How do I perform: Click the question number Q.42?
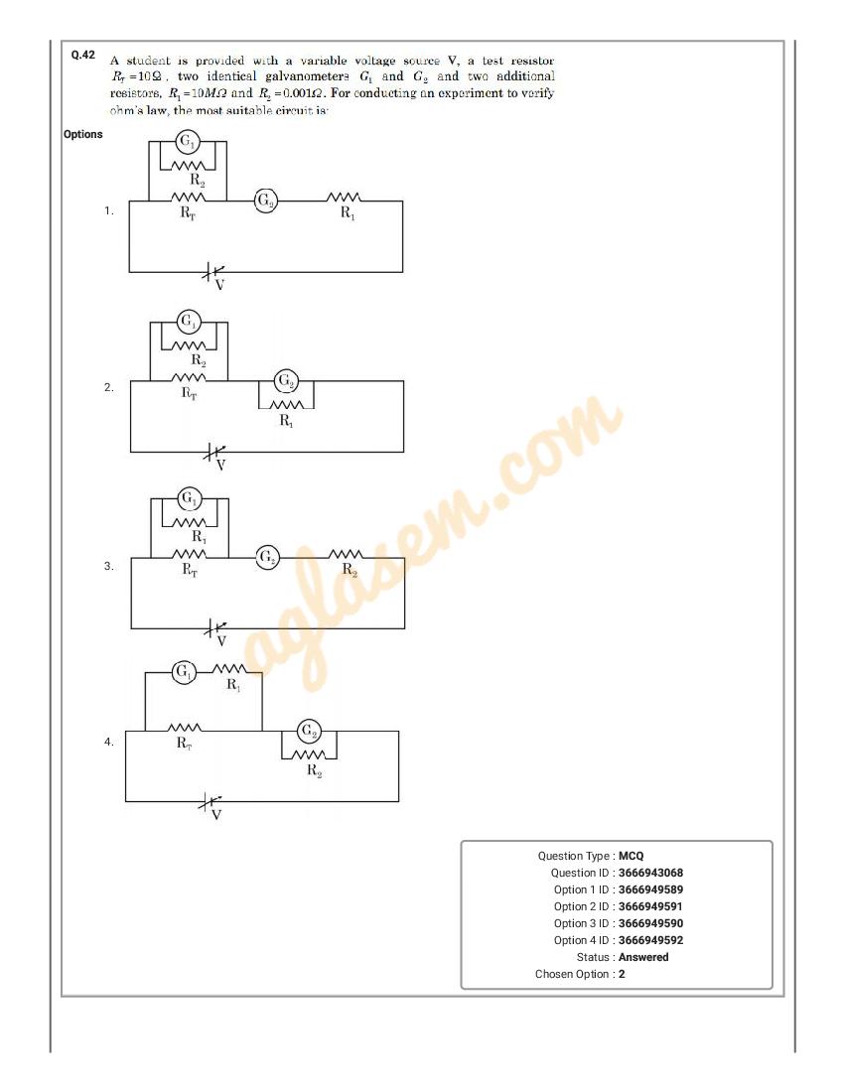pyautogui.click(x=82, y=55)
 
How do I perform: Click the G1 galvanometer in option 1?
pyautogui.click(x=187, y=142)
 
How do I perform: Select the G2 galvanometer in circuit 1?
pyautogui.click(x=265, y=201)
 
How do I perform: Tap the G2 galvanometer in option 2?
pyautogui.click(x=286, y=380)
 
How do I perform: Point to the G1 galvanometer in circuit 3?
pyautogui.click(x=189, y=498)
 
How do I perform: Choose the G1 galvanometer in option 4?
pyautogui.click(x=184, y=672)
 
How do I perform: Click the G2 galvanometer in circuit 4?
pyautogui.click(x=309, y=732)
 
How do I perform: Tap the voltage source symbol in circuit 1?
pyautogui.click(x=213, y=273)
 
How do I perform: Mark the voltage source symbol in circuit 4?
pyautogui.click(x=211, y=803)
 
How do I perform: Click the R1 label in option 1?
pyautogui.click(x=348, y=213)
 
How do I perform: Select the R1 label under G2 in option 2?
pyautogui.click(x=286, y=421)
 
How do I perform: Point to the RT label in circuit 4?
pyautogui.click(x=184, y=744)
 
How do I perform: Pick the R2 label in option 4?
pyautogui.click(x=314, y=770)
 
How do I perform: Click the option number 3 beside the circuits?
pyautogui.click(x=108, y=566)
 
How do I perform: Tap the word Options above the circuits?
pyautogui.click(x=82, y=134)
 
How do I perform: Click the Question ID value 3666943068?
pyautogui.click(x=650, y=873)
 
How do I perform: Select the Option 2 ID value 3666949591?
pyautogui.click(x=650, y=906)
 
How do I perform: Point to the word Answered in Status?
pyautogui.click(x=643, y=957)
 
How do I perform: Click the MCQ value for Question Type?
pyautogui.click(x=631, y=856)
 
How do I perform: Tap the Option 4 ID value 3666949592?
pyautogui.click(x=650, y=940)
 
